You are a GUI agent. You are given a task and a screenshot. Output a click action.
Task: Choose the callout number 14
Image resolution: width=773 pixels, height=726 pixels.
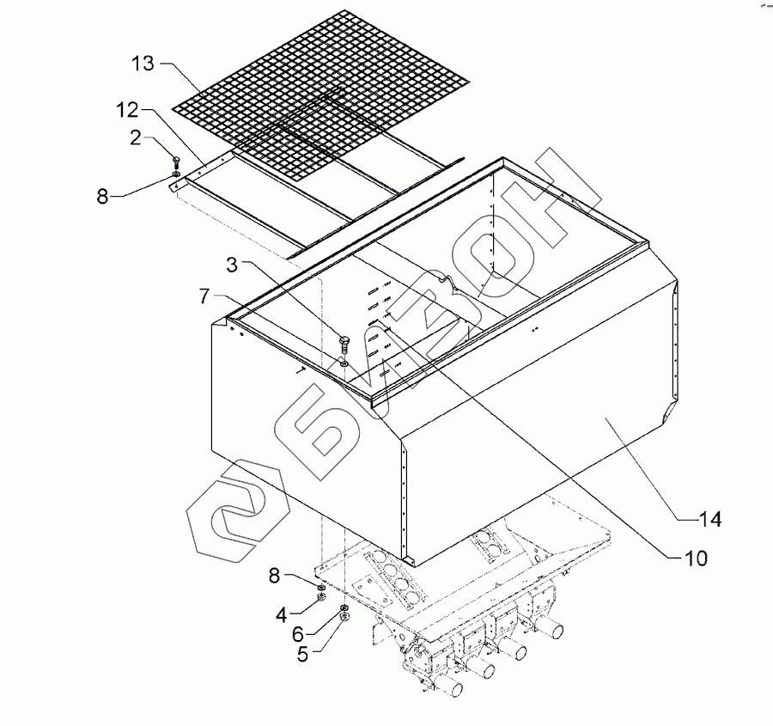point(709,518)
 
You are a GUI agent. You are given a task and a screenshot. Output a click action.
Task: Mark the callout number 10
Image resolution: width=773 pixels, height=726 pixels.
point(697,558)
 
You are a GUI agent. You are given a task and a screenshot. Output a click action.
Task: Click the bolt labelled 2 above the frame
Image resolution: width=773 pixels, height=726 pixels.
point(176,162)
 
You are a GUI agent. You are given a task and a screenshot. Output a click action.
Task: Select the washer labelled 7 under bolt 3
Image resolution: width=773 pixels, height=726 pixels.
point(344,364)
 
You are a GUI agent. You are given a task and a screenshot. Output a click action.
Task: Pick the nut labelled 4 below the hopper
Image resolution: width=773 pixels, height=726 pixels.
point(321,597)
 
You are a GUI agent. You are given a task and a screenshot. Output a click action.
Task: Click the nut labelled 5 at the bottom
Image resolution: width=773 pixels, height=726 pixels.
point(344,619)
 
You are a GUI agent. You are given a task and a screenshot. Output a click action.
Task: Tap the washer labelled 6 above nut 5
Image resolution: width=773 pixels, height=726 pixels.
point(343,609)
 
